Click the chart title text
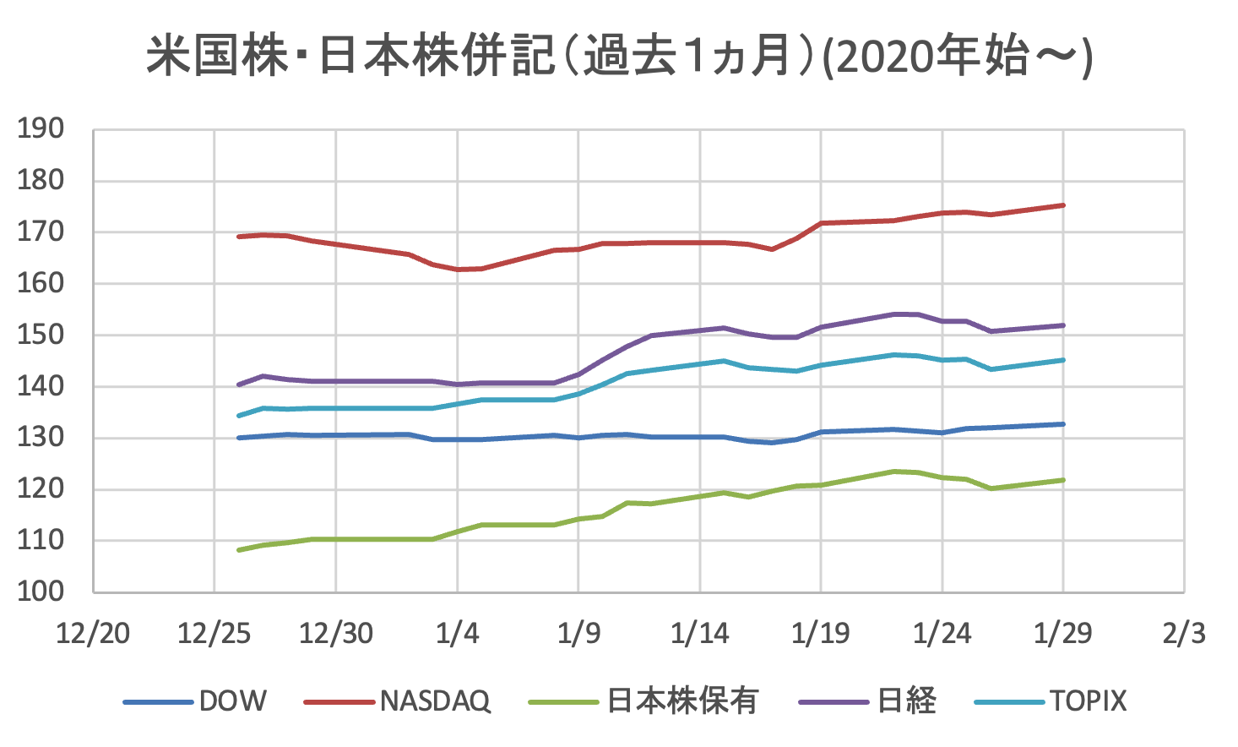619,57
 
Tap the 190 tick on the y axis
41,129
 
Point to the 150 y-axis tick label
41,335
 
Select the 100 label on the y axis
41,592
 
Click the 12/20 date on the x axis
93,633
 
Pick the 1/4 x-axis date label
457,633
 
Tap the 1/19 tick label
820,633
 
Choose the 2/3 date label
1184,633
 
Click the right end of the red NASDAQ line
1063,205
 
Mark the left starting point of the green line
239,550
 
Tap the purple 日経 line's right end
1063,325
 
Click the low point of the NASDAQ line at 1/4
458,270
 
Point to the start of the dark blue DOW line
239,438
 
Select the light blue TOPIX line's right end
1063,360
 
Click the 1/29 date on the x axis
1062,633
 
